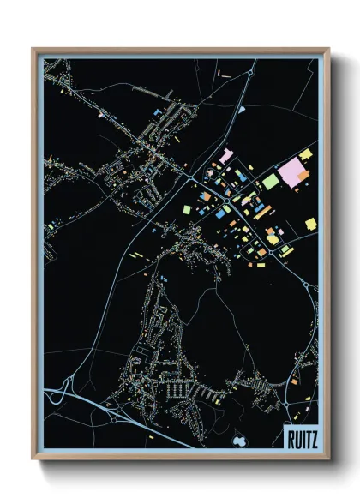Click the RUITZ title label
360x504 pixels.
tap(300, 439)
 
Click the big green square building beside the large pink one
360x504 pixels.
tap(270, 181)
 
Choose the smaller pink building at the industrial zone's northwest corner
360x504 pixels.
tap(226, 156)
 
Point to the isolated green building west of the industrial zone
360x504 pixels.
tap(186, 209)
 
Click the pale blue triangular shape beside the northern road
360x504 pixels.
tap(243, 110)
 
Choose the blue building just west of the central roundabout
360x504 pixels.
tap(222, 209)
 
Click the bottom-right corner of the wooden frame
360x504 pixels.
tap(329, 459)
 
